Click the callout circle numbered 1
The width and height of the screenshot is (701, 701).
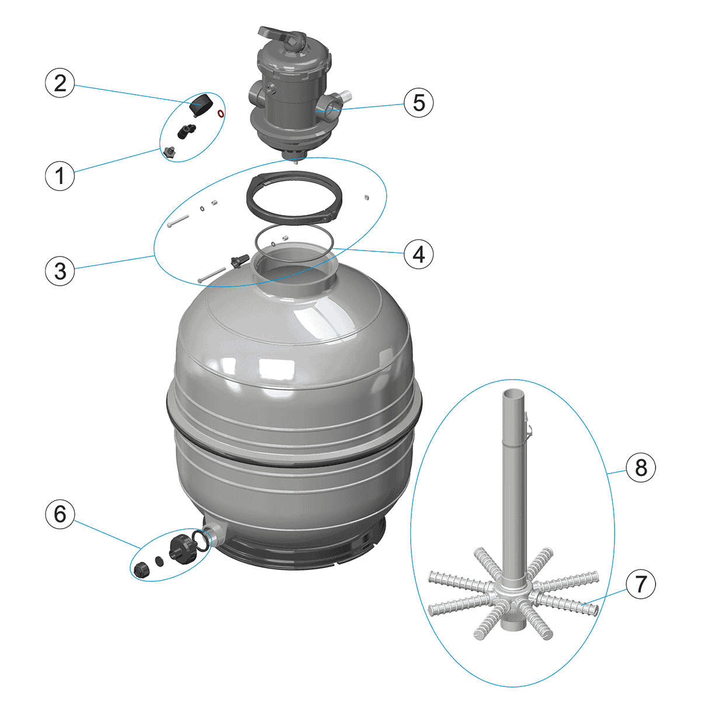[60, 175]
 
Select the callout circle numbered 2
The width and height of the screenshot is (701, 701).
[60, 84]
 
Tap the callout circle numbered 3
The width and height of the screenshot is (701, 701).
[60, 271]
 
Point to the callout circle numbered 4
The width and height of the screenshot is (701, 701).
[418, 254]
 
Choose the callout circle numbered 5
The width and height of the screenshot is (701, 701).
[418, 103]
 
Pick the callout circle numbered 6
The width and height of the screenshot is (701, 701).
[60, 515]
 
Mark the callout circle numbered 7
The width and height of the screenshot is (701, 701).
[641, 584]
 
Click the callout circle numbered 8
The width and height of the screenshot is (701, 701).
[641, 467]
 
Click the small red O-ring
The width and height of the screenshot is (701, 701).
[220, 113]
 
